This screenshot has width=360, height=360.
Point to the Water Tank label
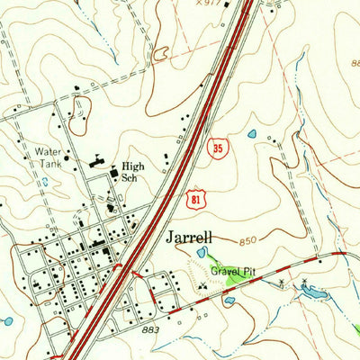47,157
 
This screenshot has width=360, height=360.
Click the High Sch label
132,172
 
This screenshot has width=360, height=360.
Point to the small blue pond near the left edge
7,320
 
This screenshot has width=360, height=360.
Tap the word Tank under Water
47,164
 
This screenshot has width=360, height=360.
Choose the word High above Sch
132,166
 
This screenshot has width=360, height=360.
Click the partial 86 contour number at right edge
355,64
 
